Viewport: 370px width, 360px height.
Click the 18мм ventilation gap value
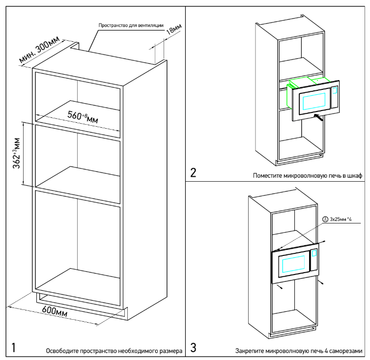[x=172, y=31]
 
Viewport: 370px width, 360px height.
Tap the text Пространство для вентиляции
[x=131, y=25]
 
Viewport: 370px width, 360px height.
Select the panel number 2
[x=193, y=173]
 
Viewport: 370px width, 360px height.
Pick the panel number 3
[x=193, y=348]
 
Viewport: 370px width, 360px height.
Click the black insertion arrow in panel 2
[x=318, y=116]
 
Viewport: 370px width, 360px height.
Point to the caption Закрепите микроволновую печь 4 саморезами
[x=299, y=351]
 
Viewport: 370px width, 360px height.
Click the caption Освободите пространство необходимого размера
[x=114, y=351]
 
